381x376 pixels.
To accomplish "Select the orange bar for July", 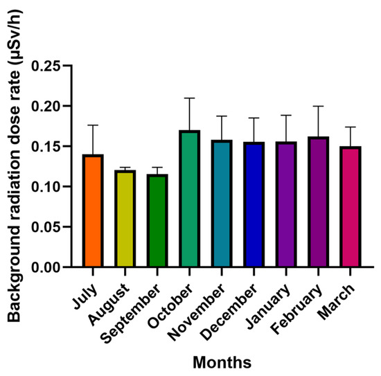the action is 93,211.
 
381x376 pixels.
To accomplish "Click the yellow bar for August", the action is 125,219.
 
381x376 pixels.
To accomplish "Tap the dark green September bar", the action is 157,221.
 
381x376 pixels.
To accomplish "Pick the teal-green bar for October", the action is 190,199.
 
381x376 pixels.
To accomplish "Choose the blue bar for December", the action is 254,204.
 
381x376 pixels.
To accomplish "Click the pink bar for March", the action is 351,207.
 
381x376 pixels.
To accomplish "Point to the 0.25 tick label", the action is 46,66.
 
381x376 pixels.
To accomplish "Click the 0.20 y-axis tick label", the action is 46,106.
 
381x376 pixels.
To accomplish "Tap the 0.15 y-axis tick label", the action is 46,147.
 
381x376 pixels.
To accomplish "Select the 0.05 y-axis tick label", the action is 46,227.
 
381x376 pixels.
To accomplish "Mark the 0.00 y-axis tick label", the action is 46,267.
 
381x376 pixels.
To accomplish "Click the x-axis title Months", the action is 222,363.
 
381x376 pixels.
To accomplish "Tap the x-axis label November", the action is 196,312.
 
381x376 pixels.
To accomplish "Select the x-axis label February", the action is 296,310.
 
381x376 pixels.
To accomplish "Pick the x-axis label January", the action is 268,306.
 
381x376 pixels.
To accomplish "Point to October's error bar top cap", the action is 190,98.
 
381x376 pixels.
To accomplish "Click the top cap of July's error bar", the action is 93,125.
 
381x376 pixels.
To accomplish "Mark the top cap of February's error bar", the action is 318,106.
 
